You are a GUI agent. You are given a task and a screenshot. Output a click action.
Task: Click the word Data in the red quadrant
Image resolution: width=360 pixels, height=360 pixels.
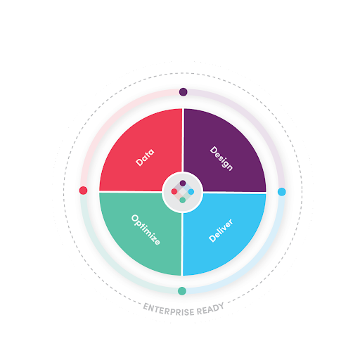[x=145, y=157]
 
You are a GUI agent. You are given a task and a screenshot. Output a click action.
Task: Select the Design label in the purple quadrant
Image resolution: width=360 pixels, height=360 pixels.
[x=221, y=159]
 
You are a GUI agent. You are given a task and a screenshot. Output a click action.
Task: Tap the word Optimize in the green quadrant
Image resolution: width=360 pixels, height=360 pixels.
[x=146, y=230]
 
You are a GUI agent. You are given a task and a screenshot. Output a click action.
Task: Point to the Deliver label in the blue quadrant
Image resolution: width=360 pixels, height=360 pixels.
[x=221, y=231]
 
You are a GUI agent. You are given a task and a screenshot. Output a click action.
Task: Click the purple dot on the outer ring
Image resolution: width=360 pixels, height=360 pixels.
[x=183, y=92]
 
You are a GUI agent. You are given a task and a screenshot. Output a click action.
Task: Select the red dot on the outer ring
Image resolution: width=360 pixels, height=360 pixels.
[x=83, y=191]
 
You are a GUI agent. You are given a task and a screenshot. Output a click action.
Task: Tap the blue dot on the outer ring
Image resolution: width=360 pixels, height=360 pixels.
[x=282, y=192]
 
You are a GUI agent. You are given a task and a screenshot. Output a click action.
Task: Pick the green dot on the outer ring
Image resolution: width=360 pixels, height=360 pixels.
[x=182, y=291]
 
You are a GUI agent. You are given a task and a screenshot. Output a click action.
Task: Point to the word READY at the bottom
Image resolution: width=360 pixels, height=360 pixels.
[x=210, y=309]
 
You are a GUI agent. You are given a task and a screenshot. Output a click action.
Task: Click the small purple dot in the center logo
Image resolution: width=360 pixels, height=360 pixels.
[x=183, y=183]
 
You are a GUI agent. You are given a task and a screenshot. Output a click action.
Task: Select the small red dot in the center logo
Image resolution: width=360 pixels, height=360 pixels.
[x=174, y=191]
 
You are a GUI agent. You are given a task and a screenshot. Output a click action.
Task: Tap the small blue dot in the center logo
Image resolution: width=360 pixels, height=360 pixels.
[x=191, y=192]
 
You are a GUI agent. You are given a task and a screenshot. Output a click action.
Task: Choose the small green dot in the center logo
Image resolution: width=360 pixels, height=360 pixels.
[x=183, y=200]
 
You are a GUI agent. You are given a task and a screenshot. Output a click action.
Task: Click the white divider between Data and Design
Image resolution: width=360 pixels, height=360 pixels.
[x=183, y=140]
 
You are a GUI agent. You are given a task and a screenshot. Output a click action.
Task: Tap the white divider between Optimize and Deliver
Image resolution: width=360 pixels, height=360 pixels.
[x=182, y=244]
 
